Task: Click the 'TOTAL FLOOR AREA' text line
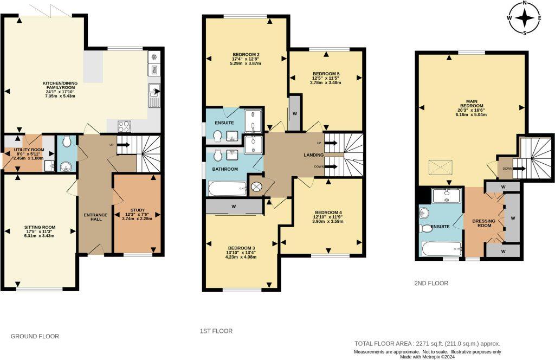click(x=427, y=343)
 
